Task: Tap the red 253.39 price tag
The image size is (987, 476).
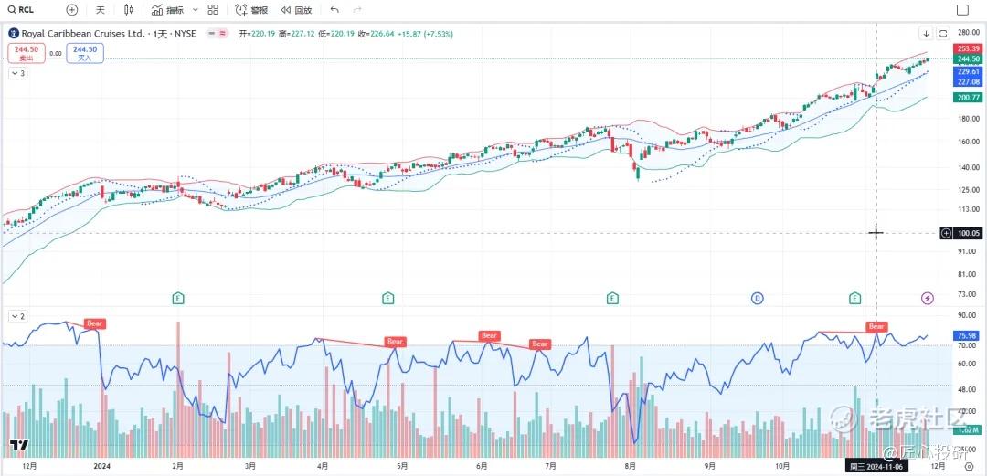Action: coord(968,48)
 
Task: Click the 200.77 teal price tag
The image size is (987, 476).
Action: coord(968,97)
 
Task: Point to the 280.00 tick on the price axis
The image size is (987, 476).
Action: coord(969,33)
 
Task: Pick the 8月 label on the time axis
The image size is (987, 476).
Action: coord(630,465)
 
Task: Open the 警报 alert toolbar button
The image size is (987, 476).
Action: coord(251,10)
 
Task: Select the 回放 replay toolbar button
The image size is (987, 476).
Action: coord(296,10)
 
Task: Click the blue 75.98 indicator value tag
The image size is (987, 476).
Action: coord(968,335)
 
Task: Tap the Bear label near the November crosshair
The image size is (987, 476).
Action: coord(876,326)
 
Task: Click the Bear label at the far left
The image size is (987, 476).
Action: coord(94,323)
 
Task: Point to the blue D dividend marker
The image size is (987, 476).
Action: coord(757,298)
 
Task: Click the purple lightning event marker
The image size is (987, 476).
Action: coord(928,298)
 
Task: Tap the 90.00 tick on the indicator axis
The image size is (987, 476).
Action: coord(968,315)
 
